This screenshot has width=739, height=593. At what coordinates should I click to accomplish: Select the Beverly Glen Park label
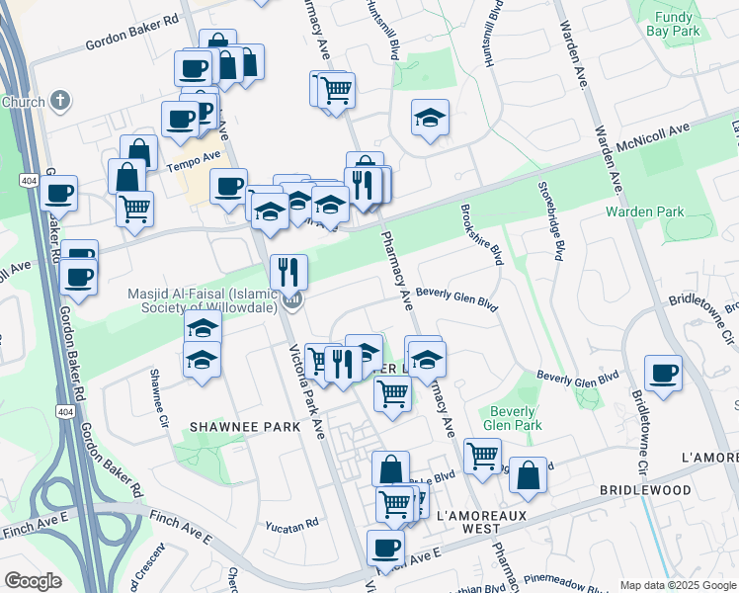[x=514, y=418]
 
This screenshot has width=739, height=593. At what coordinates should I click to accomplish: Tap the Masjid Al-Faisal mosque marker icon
[x=291, y=298]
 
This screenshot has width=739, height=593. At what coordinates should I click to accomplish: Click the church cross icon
[x=60, y=101]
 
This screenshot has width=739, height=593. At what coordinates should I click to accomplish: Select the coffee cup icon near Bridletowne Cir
[x=663, y=374]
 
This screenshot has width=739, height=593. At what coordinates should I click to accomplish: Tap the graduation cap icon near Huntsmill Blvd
[x=430, y=118]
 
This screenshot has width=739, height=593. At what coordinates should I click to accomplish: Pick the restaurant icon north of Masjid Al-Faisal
[x=288, y=270]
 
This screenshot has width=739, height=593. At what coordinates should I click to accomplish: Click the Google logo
[x=33, y=581]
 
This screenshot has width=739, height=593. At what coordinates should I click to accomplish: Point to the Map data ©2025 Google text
[x=677, y=585]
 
